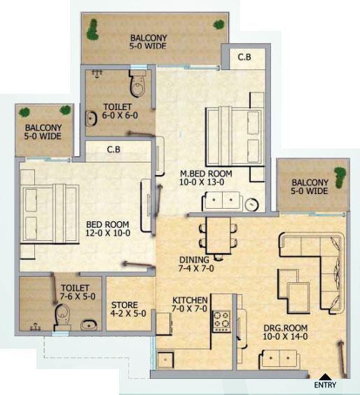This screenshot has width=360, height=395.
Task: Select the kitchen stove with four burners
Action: (x=222, y=320)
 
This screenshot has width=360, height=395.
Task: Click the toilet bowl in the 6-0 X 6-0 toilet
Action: (x=137, y=85)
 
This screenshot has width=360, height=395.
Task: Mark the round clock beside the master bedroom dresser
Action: (x=252, y=204)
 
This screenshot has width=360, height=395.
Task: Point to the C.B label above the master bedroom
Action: (x=244, y=57)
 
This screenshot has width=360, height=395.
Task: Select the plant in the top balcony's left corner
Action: (x=92, y=29)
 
